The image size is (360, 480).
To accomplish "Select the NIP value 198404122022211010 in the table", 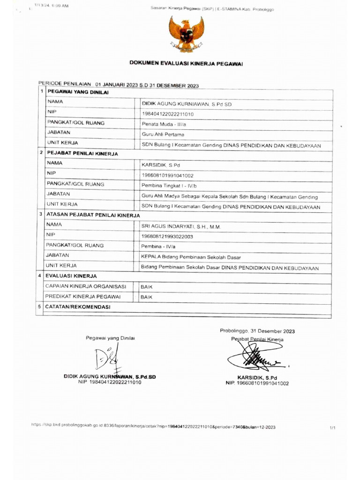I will click(168, 114).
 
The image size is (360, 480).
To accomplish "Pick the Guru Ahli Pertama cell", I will click(161, 135).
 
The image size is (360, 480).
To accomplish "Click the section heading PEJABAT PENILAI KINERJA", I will click(82, 153).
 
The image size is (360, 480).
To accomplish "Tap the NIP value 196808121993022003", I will click(167, 237).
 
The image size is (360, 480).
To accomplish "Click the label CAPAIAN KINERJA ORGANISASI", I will click(85, 286).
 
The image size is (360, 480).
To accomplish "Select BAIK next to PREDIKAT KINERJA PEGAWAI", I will click(147, 297).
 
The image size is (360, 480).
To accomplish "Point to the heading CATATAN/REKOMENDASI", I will click(77, 307).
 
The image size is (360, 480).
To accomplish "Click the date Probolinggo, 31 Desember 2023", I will click(257, 331).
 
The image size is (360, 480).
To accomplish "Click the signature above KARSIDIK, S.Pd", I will click(256, 357).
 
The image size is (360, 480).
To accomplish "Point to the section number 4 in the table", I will click(41, 276).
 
